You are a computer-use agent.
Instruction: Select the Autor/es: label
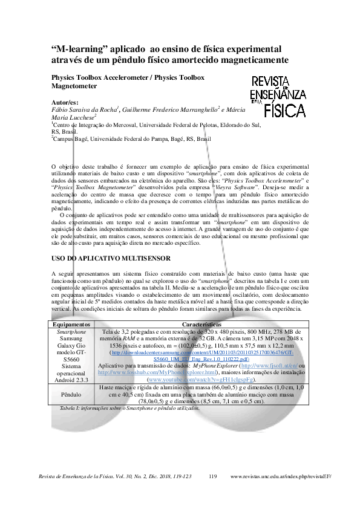(65, 103)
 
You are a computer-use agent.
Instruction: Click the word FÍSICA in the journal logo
(285, 110)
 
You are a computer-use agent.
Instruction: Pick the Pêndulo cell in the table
(71, 394)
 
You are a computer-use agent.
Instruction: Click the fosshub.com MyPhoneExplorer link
(157, 372)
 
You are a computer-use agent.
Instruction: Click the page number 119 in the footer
(212, 476)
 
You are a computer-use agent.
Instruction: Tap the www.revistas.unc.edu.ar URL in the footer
(281, 476)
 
